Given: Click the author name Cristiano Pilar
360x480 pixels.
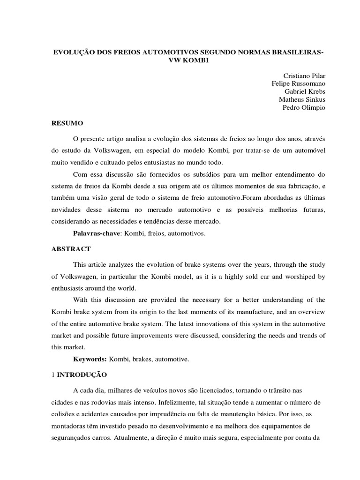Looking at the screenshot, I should (304, 75).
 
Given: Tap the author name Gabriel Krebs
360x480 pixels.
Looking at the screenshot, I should (305, 91).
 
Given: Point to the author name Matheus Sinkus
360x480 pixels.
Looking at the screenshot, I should (302, 99).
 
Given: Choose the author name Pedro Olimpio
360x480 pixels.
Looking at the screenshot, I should (303, 107).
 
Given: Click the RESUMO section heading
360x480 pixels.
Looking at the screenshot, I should (67, 123).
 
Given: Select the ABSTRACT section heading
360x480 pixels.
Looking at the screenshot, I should (71, 249).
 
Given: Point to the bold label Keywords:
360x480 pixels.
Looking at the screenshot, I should (90, 359).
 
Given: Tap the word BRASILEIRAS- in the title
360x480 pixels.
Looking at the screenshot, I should (299, 51).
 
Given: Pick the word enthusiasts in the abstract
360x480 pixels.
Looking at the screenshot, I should (70, 288).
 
